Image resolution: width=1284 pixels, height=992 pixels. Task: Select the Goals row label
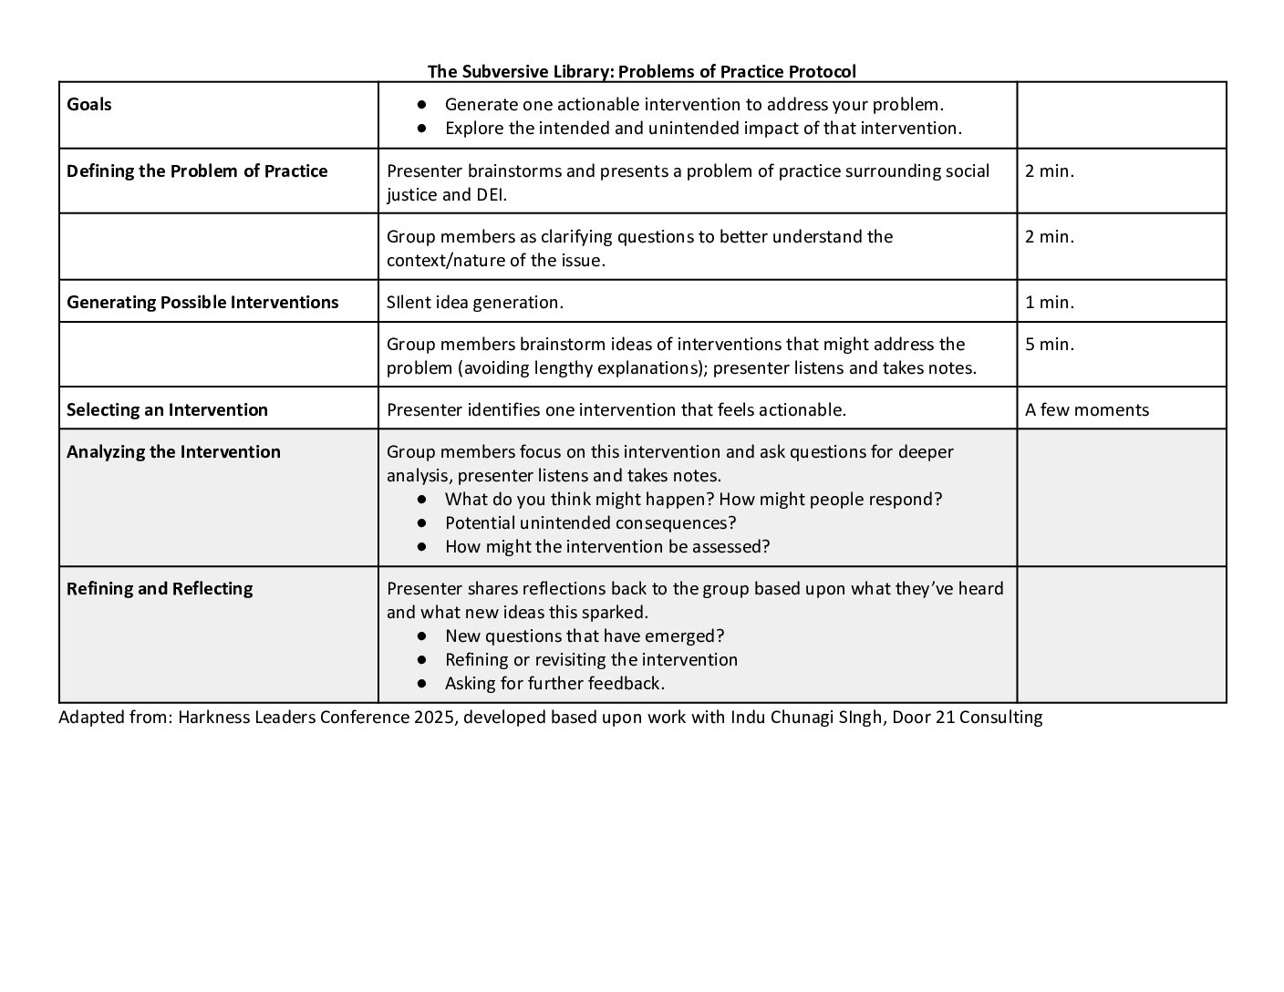89,104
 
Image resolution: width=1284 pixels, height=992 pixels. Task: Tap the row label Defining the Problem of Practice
197,170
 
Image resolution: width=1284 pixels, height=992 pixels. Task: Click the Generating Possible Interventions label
202,302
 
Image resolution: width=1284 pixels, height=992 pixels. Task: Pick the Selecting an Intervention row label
167,409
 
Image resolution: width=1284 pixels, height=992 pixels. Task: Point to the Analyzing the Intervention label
173,451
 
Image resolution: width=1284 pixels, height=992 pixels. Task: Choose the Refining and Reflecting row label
160,588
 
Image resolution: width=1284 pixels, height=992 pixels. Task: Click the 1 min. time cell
1050,302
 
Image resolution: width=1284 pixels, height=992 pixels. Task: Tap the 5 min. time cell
1050,344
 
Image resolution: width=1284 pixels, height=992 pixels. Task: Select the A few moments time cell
1087,409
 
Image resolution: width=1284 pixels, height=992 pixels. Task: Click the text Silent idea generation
475,302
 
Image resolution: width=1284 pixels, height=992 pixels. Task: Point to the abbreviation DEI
491,194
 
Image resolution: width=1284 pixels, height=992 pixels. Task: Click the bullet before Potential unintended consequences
421,523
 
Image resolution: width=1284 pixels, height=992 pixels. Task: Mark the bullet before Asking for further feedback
421,684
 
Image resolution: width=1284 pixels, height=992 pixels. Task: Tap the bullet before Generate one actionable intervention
421,105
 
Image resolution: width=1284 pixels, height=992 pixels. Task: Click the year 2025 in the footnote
433,717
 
